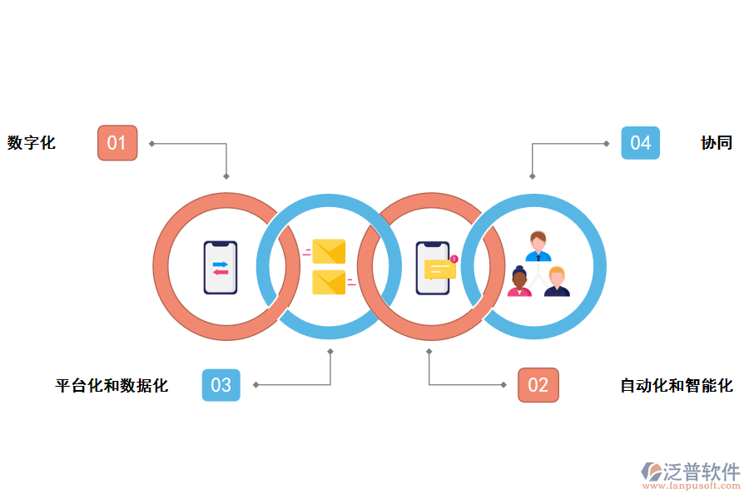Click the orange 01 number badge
(x=117, y=143)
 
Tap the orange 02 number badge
(x=538, y=385)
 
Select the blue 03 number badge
(x=221, y=385)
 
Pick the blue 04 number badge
(x=640, y=143)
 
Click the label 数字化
(x=32, y=143)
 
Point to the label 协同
(x=717, y=143)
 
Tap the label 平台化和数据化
(x=112, y=386)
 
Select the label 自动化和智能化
(x=677, y=386)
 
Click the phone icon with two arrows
(x=221, y=267)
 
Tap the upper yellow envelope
(x=329, y=251)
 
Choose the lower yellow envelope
(x=329, y=283)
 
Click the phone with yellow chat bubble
(x=434, y=268)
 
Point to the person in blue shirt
(x=538, y=246)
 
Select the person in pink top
(x=519, y=283)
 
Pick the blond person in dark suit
(x=557, y=282)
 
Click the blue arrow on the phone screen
(x=221, y=263)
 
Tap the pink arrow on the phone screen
(x=221, y=272)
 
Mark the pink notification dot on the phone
(x=454, y=259)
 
